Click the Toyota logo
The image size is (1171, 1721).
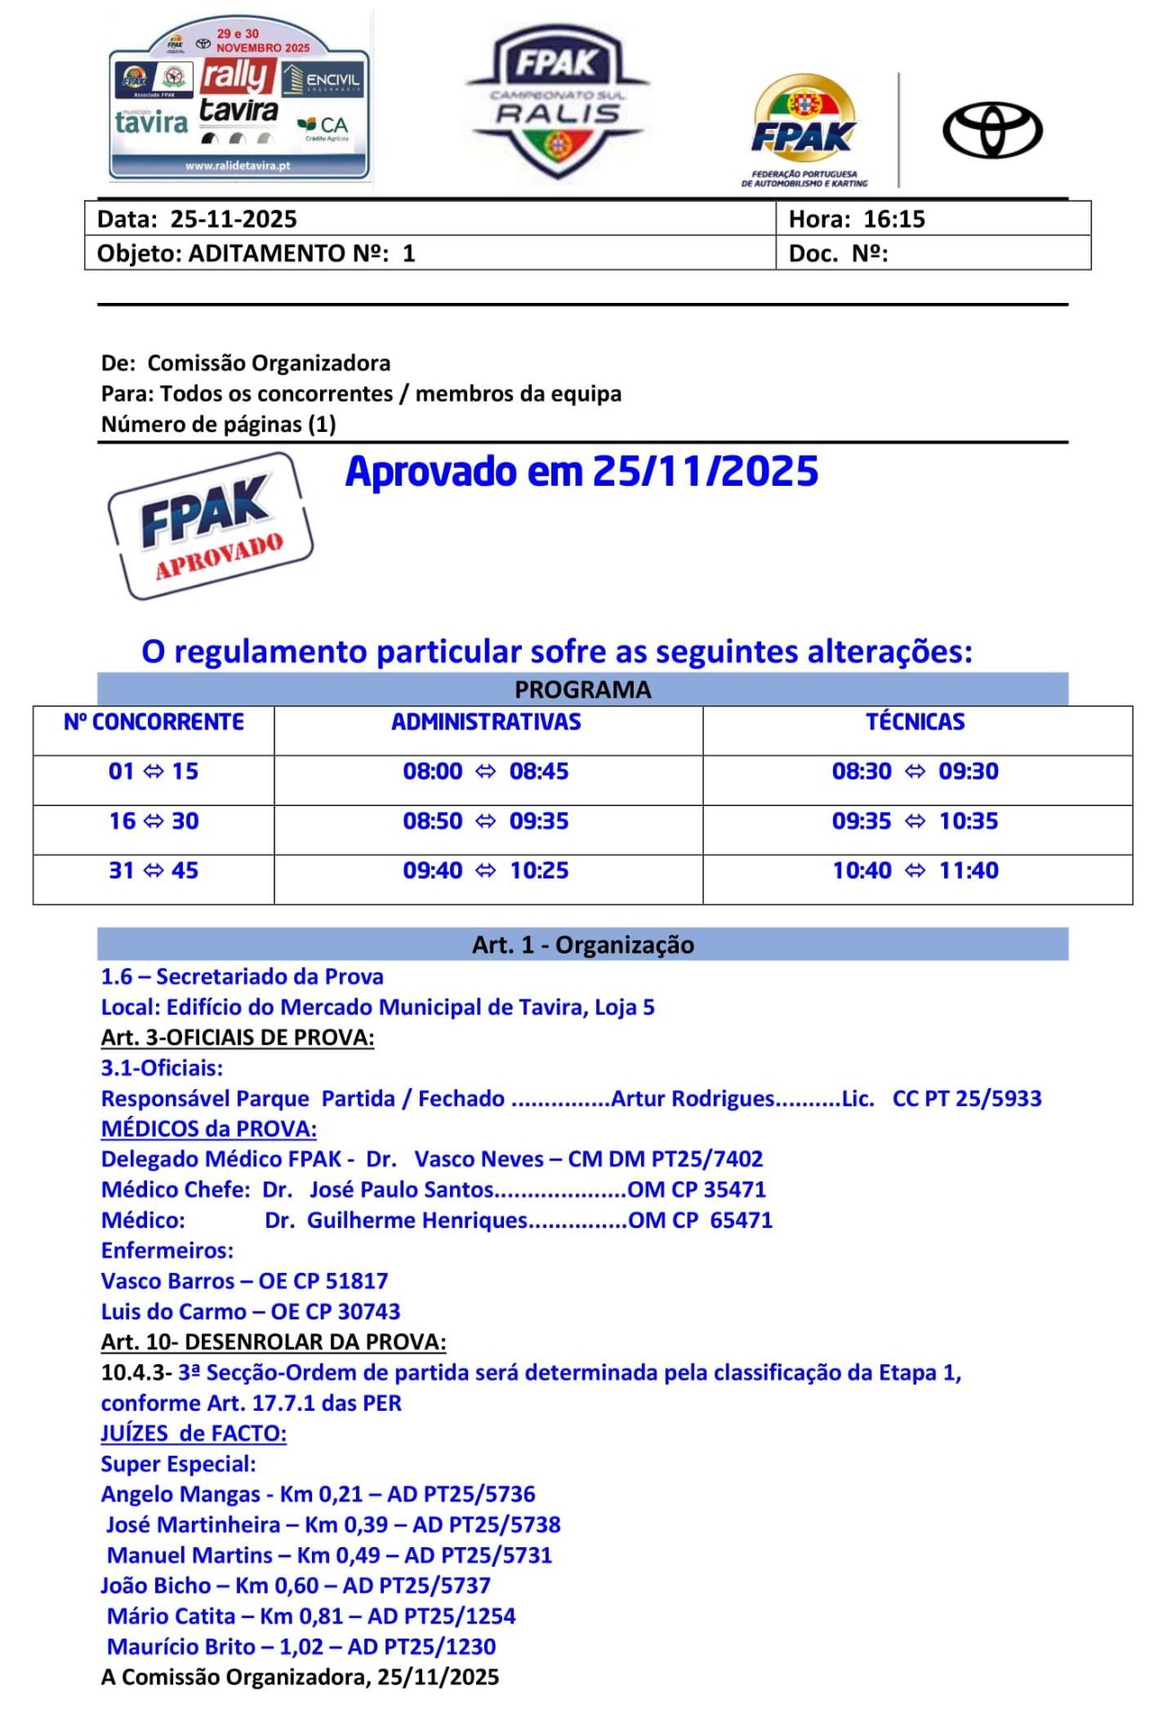pyautogui.click(x=992, y=130)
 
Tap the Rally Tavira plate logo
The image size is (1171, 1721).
pyautogui.click(x=239, y=101)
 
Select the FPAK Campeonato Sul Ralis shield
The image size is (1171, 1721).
pyautogui.click(x=557, y=101)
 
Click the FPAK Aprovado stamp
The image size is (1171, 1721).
pyautogui.click(x=211, y=526)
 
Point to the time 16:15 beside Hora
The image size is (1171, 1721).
pyautogui.click(x=894, y=220)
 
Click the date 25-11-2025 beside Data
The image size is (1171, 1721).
pyautogui.click(x=233, y=220)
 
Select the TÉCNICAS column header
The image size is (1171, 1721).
pyautogui.click(x=915, y=722)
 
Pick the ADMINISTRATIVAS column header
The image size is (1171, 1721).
pyautogui.click(x=486, y=722)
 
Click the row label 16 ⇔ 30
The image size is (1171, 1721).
pyautogui.click(x=153, y=821)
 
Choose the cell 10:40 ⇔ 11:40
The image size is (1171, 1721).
pyautogui.click(x=915, y=870)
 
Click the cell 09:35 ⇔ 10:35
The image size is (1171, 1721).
pyautogui.click(x=915, y=821)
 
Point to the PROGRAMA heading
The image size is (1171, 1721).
pyautogui.click(x=583, y=689)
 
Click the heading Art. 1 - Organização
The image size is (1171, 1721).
pyautogui.click(x=583, y=945)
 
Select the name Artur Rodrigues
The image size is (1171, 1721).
pyautogui.click(x=692, y=1099)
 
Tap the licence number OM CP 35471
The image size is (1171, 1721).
pyautogui.click(x=697, y=1190)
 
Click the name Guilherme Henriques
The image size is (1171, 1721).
pyautogui.click(x=417, y=1221)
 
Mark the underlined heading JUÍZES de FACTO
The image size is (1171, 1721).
pyautogui.click(x=194, y=1434)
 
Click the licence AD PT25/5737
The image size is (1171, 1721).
pyautogui.click(x=417, y=1587)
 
